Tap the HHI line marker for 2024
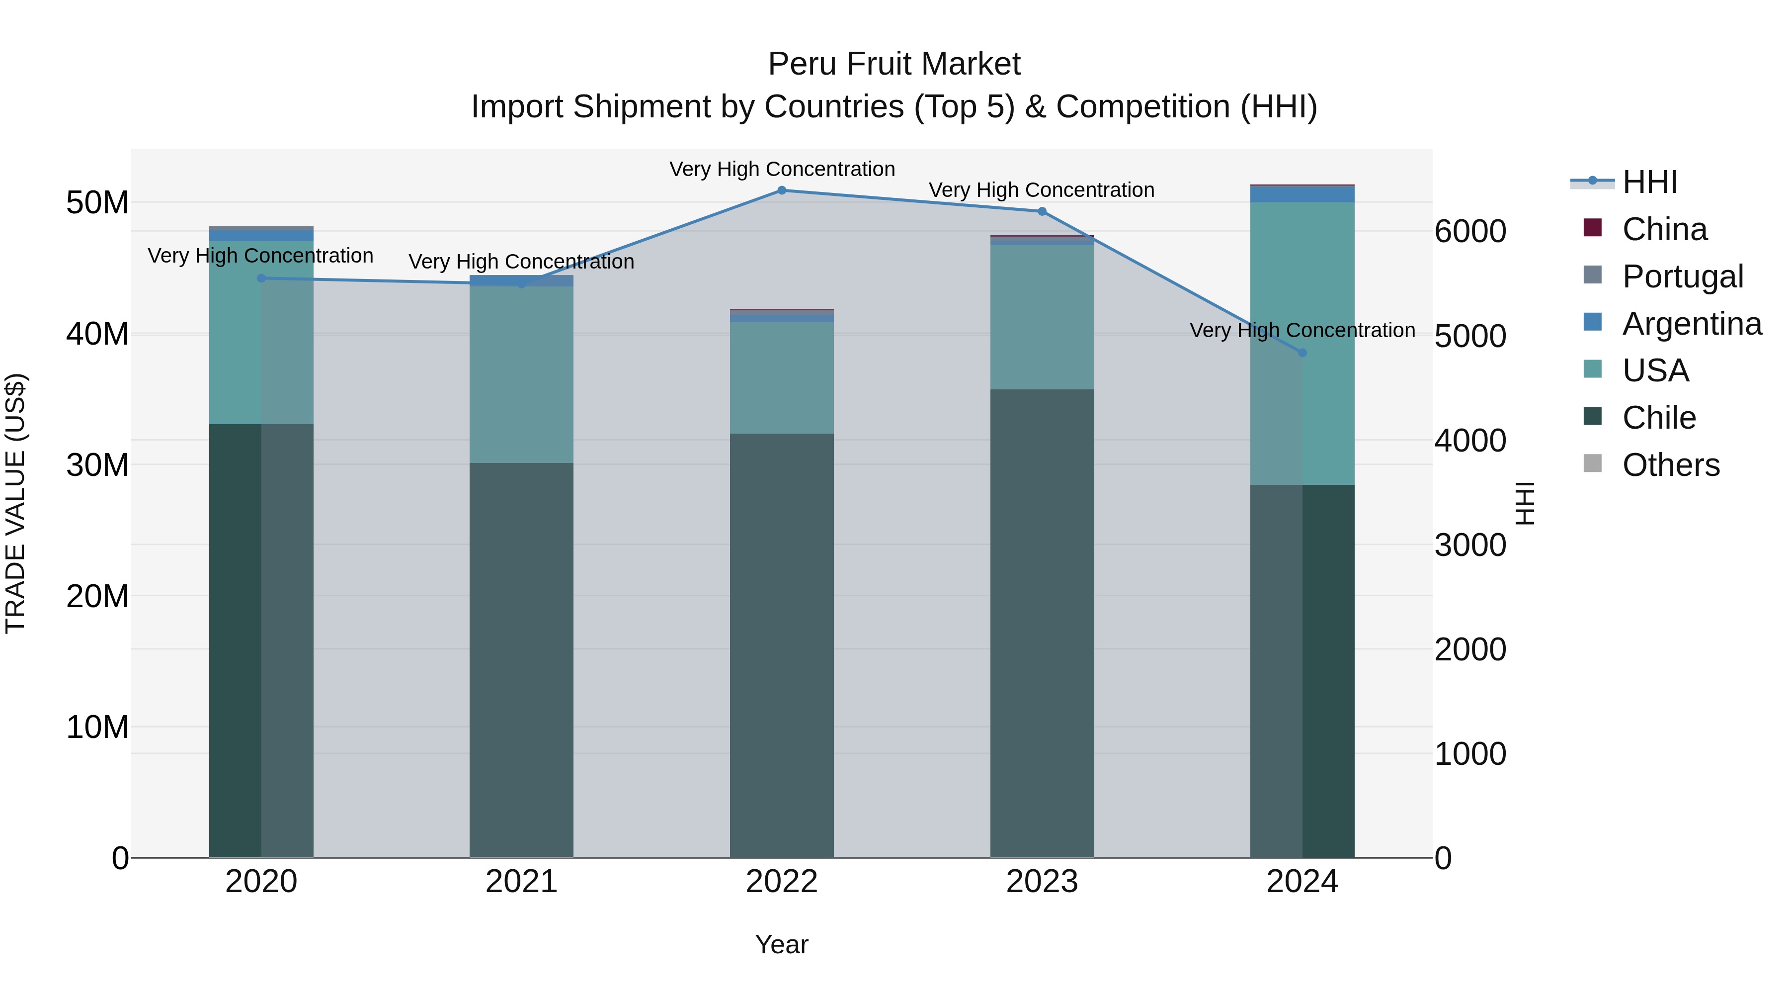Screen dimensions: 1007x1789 click(1302, 353)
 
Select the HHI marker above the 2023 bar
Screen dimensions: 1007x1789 click(1042, 211)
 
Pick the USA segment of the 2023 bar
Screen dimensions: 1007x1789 click(1042, 317)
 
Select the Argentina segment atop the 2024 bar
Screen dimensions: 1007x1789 click(1302, 194)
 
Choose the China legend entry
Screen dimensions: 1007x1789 click(1664, 229)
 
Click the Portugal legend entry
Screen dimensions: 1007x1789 click(1682, 276)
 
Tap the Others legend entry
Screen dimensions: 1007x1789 click(1670, 465)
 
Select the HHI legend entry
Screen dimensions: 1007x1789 click(1649, 182)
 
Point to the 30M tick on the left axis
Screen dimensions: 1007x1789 click(97, 465)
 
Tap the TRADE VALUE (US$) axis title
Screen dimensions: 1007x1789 click(15, 503)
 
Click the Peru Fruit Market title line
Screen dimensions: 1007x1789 click(894, 64)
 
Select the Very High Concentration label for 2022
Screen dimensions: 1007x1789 click(782, 169)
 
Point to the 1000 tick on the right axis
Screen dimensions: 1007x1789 click(1470, 754)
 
